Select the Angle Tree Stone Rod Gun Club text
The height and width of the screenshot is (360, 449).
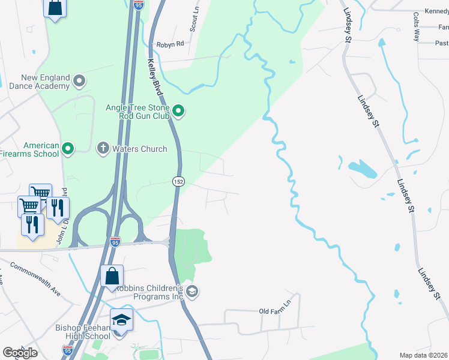coord(137,111)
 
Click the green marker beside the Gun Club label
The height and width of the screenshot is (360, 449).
coord(178,110)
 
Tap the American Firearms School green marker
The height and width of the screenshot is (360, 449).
coord(68,148)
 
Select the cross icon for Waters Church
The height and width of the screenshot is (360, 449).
coord(103,148)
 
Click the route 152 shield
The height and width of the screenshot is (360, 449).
coord(178,181)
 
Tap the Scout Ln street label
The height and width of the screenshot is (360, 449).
coord(194,20)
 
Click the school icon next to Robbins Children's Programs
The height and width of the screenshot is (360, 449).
coord(192,292)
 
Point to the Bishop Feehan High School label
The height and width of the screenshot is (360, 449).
coord(83,332)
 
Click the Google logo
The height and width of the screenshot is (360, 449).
coord(20,353)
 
